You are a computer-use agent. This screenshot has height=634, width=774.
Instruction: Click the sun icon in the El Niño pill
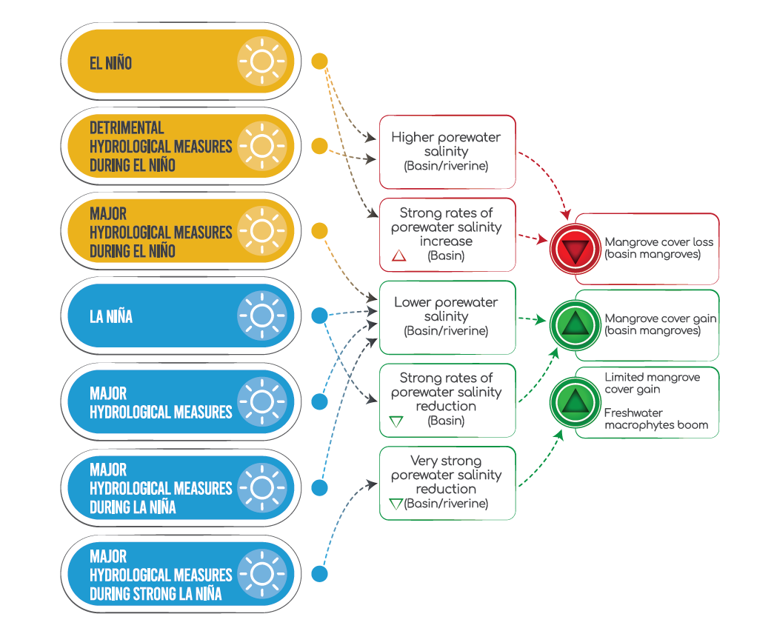tap(261, 61)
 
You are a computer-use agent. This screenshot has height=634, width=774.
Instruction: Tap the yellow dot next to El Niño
tap(319, 61)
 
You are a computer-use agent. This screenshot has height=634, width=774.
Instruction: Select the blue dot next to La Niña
tap(319, 316)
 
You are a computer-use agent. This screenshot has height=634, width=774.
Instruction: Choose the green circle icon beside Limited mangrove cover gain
tap(573, 402)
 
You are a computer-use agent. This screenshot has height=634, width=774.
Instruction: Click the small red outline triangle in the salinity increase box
tap(398, 256)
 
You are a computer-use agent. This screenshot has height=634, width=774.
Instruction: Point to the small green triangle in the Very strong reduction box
tap(396, 504)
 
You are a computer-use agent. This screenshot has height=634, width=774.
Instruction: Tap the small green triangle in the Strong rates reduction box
tap(396, 421)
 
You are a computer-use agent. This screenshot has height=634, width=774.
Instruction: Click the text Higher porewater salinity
tap(446, 144)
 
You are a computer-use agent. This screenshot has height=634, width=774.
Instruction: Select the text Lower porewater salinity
tap(446, 309)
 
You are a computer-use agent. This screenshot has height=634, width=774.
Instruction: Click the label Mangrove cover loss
tap(658, 242)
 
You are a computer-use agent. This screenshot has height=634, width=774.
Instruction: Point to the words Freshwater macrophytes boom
tap(655, 418)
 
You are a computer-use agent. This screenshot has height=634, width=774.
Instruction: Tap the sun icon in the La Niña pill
tap(261, 316)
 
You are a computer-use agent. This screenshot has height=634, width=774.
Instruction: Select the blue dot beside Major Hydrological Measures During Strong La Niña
tap(319, 574)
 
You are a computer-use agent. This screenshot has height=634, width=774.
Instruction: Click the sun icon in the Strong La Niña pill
tap(261, 574)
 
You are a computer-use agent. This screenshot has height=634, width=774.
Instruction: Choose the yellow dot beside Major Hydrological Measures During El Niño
tap(319, 231)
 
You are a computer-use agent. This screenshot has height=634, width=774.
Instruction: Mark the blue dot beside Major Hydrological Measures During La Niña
tap(319, 487)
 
